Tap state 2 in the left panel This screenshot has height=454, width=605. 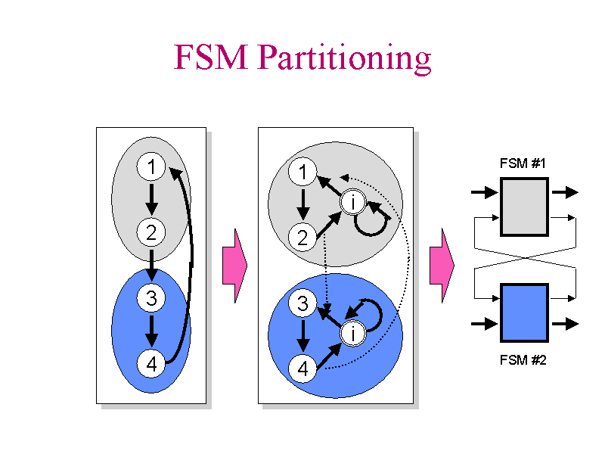[x=151, y=232]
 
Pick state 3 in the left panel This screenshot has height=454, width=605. [x=151, y=299]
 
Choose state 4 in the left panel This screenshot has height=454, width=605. [x=151, y=364]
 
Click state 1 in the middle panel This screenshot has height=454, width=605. [x=303, y=173]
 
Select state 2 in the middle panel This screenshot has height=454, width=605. [x=303, y=238]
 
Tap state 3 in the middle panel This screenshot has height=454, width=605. [x=303, y=304]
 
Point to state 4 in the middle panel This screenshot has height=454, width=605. [x=303, y=369]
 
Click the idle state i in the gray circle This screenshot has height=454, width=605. [x=353, y=202]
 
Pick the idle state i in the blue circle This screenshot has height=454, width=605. [x=353, y=333]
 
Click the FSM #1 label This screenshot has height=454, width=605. [x=523, y=163]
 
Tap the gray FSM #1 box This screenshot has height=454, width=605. [x=523, y=207]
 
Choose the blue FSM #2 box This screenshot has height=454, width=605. [x=523, y=313]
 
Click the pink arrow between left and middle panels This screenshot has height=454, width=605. [x=234, y=265]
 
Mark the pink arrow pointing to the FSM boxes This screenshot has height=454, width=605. [x=441, y=265]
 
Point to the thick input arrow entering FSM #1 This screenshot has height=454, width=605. [x=485, y=193]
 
